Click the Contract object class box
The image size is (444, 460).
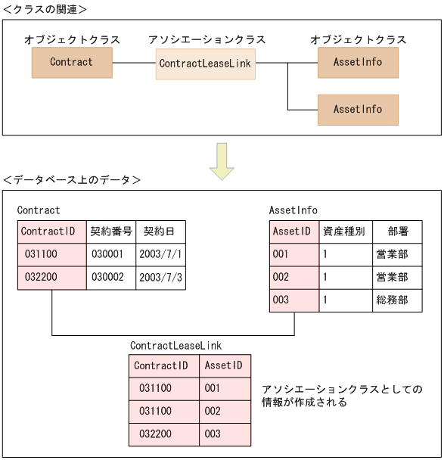coord(72,63)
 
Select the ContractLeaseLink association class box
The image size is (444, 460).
coord(204,64)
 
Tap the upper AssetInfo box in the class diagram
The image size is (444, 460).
coord(358,63)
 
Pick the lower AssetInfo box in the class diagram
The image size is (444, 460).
coord(358,110)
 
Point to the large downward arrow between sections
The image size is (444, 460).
coord(222,161)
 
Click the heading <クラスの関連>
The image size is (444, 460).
coord(45,9)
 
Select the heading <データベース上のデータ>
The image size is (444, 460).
coord(71,180)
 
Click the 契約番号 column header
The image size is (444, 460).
coord(111,232)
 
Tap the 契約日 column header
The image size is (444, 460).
coord(160,232)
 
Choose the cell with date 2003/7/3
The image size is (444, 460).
coord(160,278)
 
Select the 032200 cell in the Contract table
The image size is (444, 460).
coord(51,278)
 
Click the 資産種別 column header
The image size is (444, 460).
coord(344,232)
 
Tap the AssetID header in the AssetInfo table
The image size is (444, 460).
coord(293,232)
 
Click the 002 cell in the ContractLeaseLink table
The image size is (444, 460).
coord(225,411)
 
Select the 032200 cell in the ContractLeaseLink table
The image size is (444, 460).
coord(164,434)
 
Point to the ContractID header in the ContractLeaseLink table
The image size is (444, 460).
coord(164,365)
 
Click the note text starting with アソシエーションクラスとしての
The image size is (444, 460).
coord(341,396)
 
